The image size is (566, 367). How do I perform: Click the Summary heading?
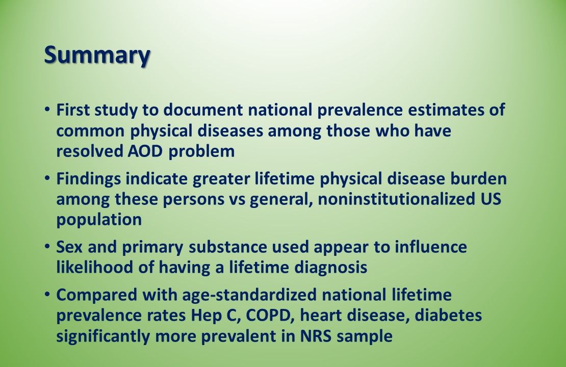[x=97, y=55]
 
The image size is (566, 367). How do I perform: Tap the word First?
[x=72, y=110]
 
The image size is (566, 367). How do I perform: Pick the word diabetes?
[x=447, y=316]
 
